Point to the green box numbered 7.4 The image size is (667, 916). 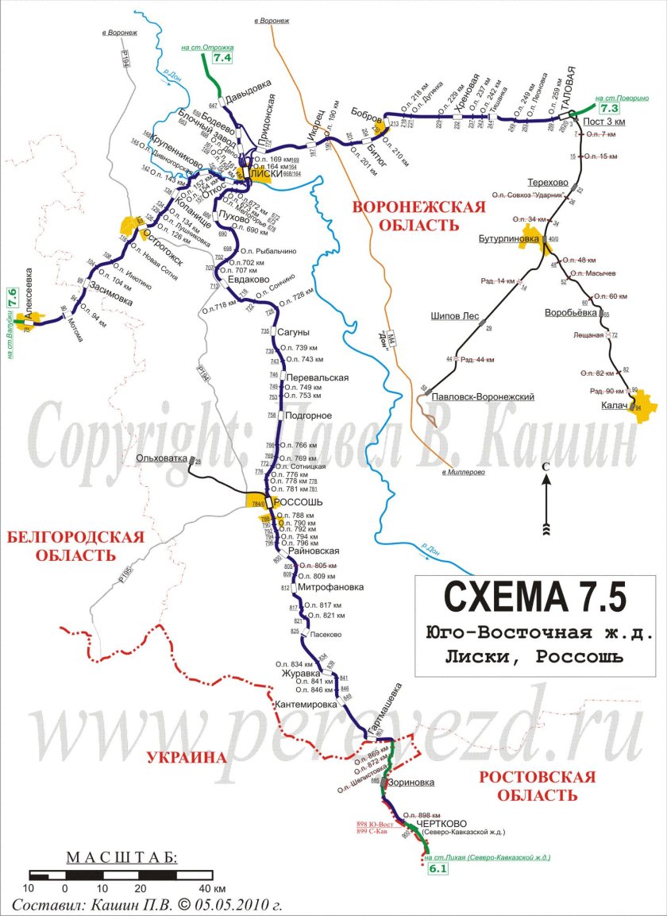[222, 58]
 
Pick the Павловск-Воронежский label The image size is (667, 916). [484, 396]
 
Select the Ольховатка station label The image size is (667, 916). [161, 458]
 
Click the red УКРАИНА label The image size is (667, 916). [187, 757]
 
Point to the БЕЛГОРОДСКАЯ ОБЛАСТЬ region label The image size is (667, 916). [75, 546]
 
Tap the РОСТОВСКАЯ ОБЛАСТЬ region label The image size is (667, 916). [537, 785]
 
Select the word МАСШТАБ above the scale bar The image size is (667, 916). [122, 857]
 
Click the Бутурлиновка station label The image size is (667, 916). [508, 238]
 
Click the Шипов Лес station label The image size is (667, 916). [454, 316]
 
